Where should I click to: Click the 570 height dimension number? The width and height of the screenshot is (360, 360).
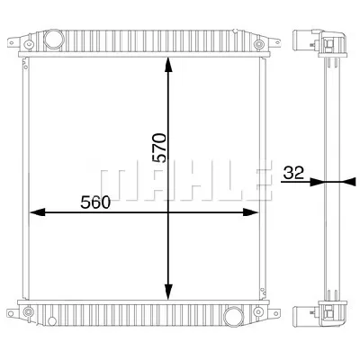point(159,148)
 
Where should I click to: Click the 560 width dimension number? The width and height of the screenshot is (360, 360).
point(95,202)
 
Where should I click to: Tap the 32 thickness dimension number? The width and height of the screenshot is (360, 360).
point(293,173)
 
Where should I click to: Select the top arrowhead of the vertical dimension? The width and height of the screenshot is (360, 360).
point(168,65)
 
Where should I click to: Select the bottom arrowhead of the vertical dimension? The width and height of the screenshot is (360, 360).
point(168,292)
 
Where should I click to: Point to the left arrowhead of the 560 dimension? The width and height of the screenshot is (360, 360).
point(38,212)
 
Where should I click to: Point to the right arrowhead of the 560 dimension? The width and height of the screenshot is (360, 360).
point(250,212)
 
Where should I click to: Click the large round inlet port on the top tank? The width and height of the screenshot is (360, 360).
point(54,39)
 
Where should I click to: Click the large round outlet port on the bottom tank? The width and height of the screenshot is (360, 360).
point(233,315)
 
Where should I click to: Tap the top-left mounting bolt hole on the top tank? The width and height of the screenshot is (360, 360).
point(29,44)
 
